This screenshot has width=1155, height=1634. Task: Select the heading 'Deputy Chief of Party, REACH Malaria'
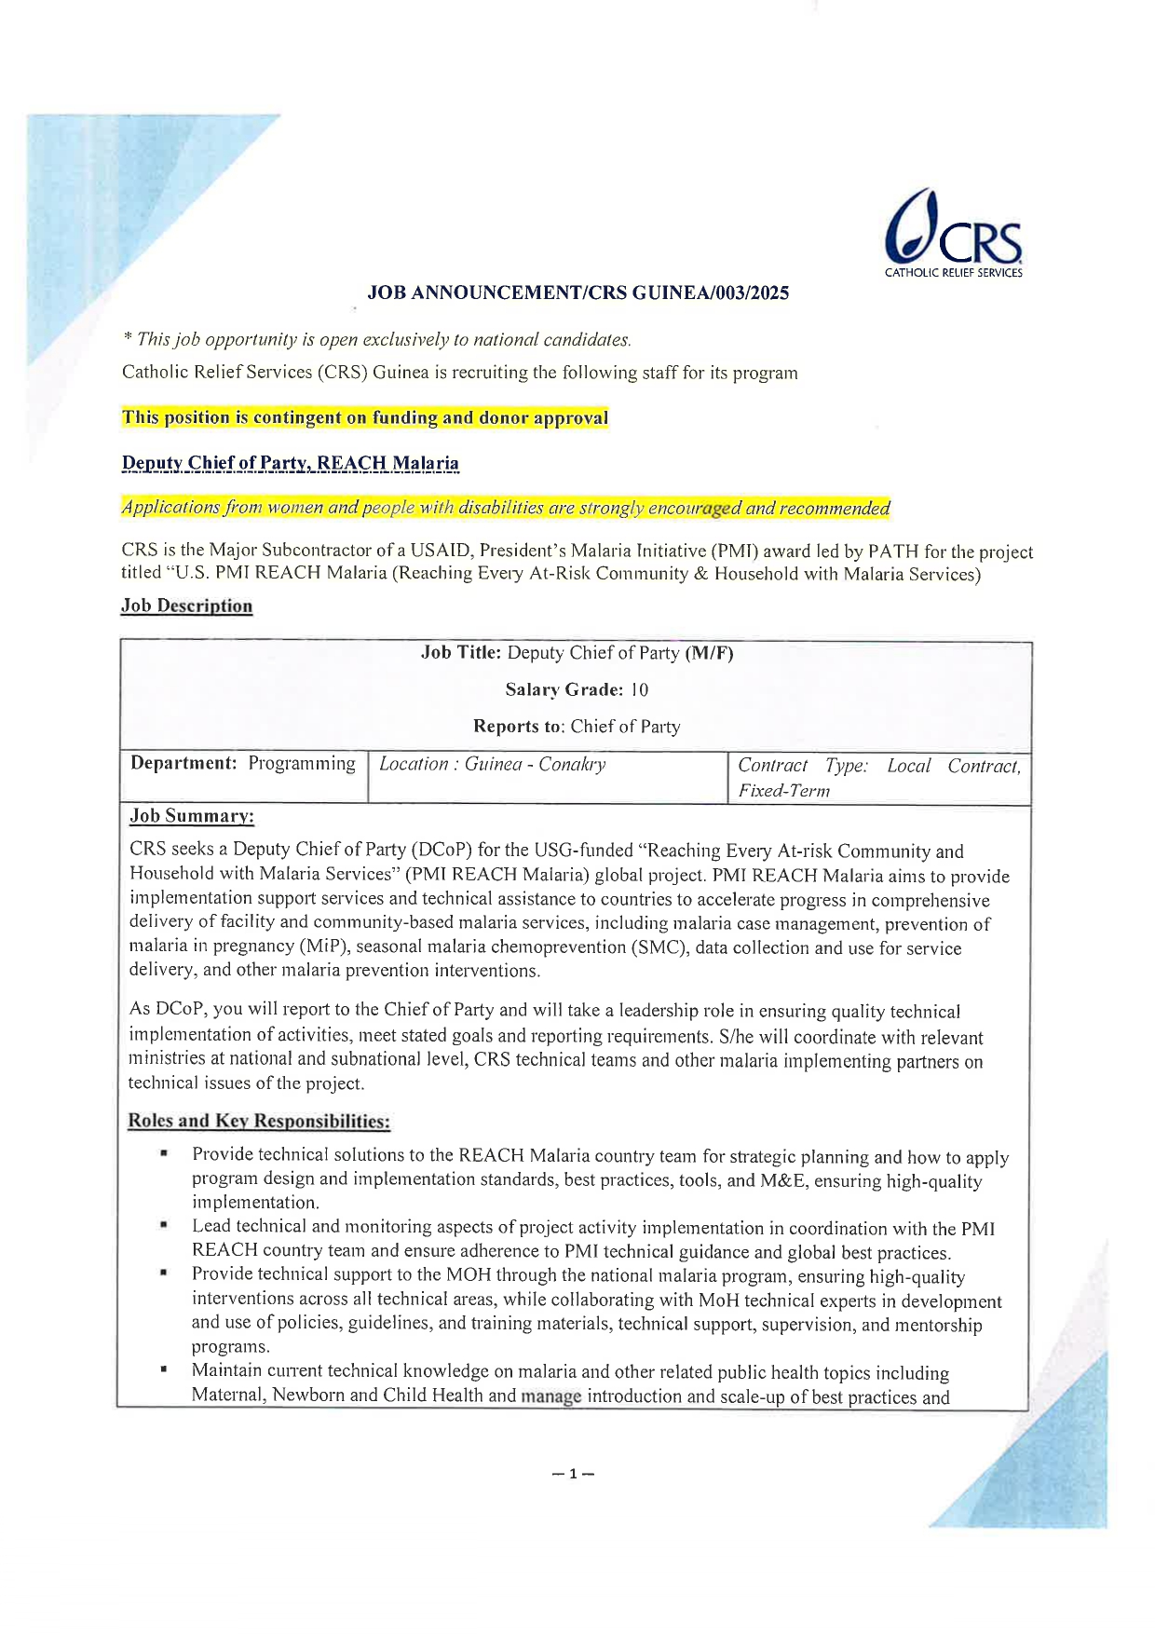[x=291, y=463]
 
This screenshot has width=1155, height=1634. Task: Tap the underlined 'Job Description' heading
[x=186, y=606]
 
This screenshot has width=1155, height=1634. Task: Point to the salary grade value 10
[x=639, y=690]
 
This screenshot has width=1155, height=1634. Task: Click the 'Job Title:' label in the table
[x=461, y=653]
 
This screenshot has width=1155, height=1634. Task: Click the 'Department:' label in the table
[x=183, y=764]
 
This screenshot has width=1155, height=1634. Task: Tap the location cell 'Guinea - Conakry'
[x=535, y=765]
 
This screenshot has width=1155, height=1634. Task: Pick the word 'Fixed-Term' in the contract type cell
[x=783, y=791]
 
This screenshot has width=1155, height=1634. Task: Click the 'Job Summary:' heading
[x=192, y=816]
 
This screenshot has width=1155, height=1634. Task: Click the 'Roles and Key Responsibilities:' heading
[x=259, y=1121]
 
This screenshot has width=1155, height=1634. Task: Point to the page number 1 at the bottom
[x=574, y=1474]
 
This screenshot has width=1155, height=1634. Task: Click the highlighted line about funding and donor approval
[x=365, y=418]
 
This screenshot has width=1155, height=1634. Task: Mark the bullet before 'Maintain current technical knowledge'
[x=164, y=1370]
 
